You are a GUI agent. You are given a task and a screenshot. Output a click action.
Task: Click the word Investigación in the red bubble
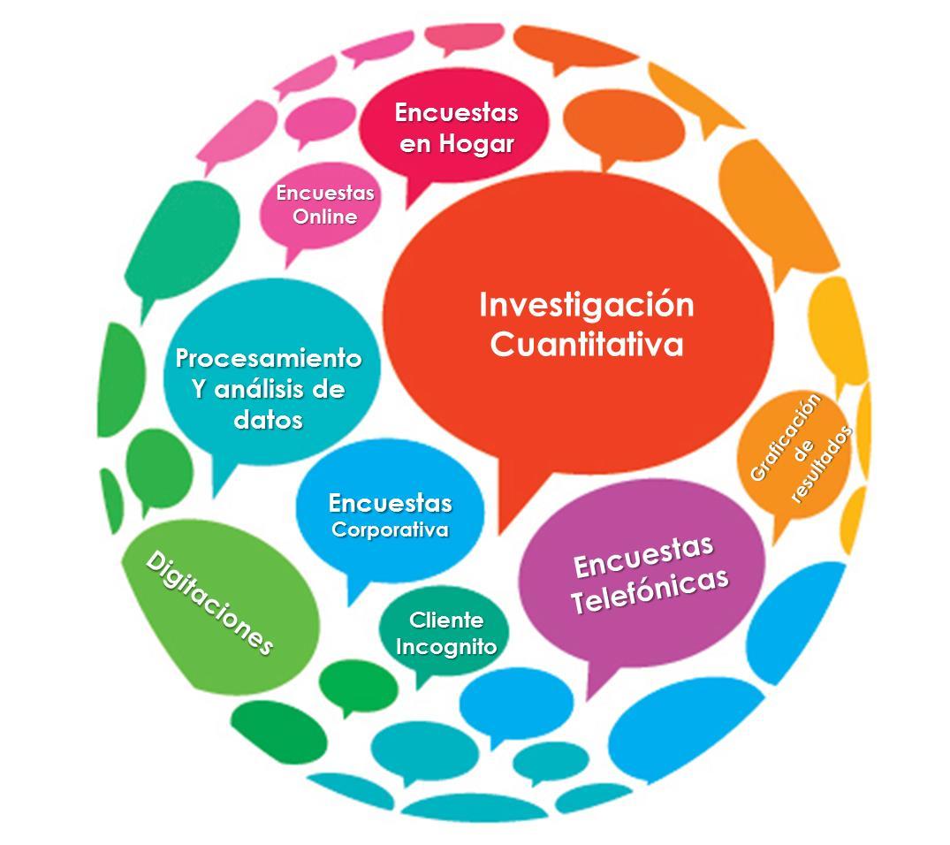click(586, 305)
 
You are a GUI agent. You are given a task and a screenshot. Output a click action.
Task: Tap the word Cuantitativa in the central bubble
click(586, 344)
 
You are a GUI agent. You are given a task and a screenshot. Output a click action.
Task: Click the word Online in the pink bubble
click(325, 217)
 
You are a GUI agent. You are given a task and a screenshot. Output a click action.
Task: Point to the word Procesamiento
click(269, 359)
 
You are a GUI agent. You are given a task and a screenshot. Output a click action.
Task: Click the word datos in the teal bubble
click(269, 419)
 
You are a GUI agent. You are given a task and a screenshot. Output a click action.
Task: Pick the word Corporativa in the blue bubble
click(390, 530)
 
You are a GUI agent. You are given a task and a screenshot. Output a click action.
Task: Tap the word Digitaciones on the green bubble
click(209, 602)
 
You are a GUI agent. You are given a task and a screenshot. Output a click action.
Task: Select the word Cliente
click(446, 620)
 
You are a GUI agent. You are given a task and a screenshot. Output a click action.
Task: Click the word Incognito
click(446, 646)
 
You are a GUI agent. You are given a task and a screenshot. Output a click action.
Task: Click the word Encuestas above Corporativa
click(390, 504)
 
